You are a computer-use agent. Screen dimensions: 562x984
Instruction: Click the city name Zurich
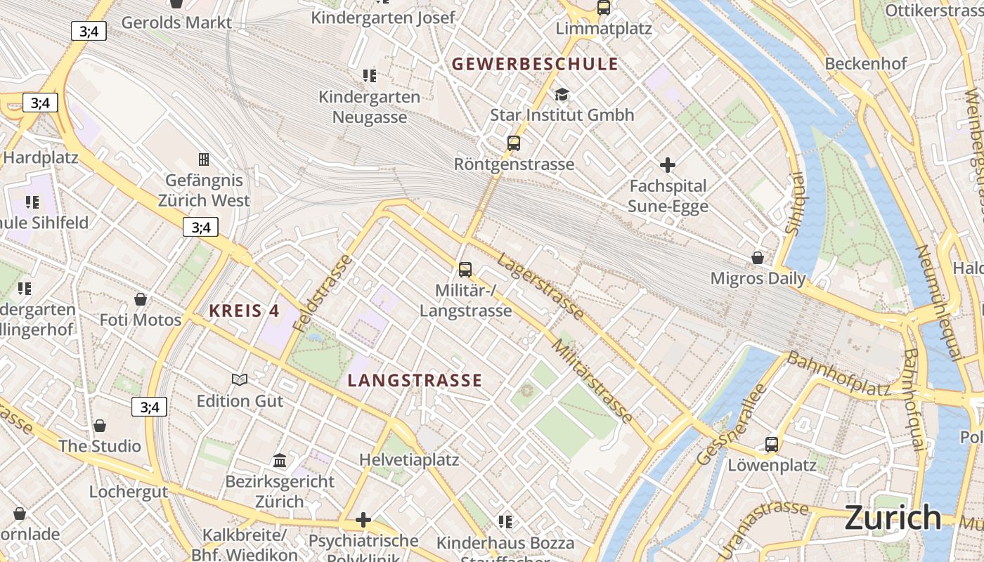pyautogui.click(x=893, y=518)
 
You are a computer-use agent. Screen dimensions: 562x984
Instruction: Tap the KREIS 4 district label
pyautogui.click(x=244, y=311)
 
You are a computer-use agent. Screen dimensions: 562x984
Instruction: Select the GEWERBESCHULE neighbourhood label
pyautogui.click(x=535, y=65)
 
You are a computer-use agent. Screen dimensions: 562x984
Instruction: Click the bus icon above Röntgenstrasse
pyautogui.click(x=514, y=143)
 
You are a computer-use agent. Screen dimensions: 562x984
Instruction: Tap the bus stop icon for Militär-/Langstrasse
pyautogui.click(x=465, y=269)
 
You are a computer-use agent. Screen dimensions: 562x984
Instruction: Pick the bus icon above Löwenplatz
pyautogui.click(x=772, y=444)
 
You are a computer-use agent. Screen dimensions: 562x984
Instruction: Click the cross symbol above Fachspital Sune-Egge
pyautogui.click(x=667, y=165)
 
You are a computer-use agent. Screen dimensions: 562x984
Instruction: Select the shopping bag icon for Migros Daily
pyautogui.click(x=758, y=258)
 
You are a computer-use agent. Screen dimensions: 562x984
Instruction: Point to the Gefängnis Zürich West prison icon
pyautogui.click(x=204, y=159)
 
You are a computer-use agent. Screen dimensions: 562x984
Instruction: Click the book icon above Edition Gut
pyautogui.click(x=240, y=379)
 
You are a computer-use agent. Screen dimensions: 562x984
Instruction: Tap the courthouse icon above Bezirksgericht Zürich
pyautogui.click(x=280, y=460)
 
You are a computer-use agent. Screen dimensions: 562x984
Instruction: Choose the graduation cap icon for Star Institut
pyautogui.click(x=562, y=94)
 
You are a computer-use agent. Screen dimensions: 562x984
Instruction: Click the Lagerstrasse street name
pyautogui.click(x=540, y=287)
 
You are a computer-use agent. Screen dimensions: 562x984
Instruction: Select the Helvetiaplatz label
pyautogui.click(x=409, y=460)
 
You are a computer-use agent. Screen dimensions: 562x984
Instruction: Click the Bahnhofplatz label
pyautogui.click(x=838, y=374)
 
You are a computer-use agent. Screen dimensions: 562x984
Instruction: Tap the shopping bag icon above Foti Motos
pyautogui.click(x=141, y=299)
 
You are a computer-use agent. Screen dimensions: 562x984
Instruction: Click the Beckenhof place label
pyautogui.click(x=866, y=63)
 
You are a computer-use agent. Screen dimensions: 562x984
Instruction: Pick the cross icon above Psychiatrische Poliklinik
pyautogui.click(x=363, y=520)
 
